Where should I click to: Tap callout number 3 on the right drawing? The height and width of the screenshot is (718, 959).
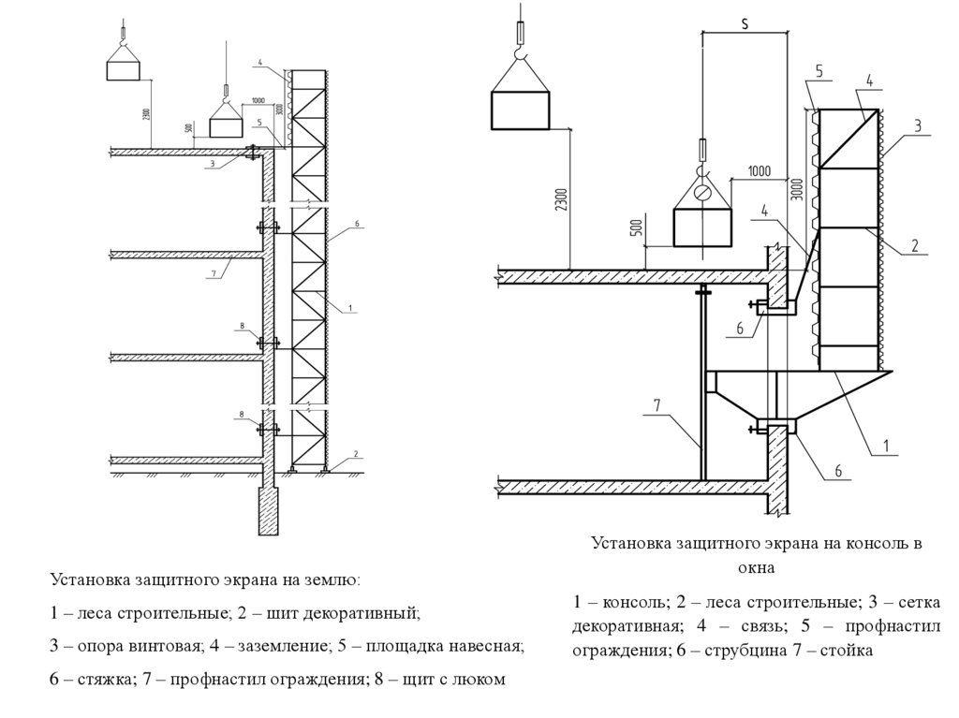(x=918, y=125)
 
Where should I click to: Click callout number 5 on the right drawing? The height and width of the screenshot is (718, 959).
(x=819, y=71)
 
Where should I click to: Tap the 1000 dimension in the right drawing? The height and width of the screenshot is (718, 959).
(x=759, y=171)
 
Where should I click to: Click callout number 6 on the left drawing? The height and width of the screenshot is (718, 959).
(x=357, y=225)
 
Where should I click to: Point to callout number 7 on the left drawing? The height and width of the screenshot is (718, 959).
(x=214, y=273)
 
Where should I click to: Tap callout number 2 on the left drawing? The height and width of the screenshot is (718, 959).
(x=356, y=454)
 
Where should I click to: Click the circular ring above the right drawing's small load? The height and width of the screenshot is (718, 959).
(x=702, y=193)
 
